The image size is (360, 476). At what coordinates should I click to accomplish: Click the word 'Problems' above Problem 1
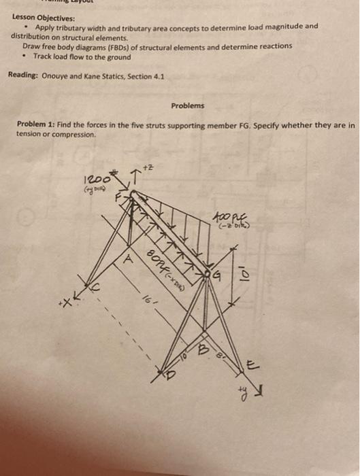(186, 106)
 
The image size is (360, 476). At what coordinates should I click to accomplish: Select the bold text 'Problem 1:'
(37, 126)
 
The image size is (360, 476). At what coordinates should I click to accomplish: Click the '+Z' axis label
(141, 167)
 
